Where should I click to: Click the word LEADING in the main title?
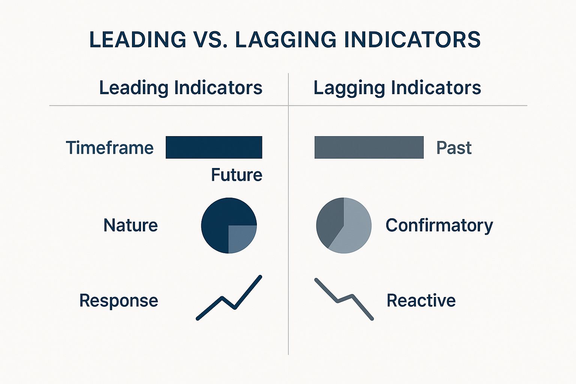tap(138, 39)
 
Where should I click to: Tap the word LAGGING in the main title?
tap(286, 39)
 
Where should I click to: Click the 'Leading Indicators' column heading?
tap(181, 88)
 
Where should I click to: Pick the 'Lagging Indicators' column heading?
tap(397, 88)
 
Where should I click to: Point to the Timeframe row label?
tap(110, 148)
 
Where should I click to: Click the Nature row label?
tap(130, 225)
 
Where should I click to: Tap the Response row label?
tap(119, 300)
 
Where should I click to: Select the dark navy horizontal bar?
tap(214, 147)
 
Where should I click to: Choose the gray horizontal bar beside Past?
tap(369, 147)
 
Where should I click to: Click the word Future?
tap(237, 175)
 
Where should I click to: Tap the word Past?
tap(454, 148)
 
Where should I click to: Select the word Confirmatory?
tap(439, 226)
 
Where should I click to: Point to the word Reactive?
tap(421, 300)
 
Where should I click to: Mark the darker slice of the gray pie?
tap(329, 222)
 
